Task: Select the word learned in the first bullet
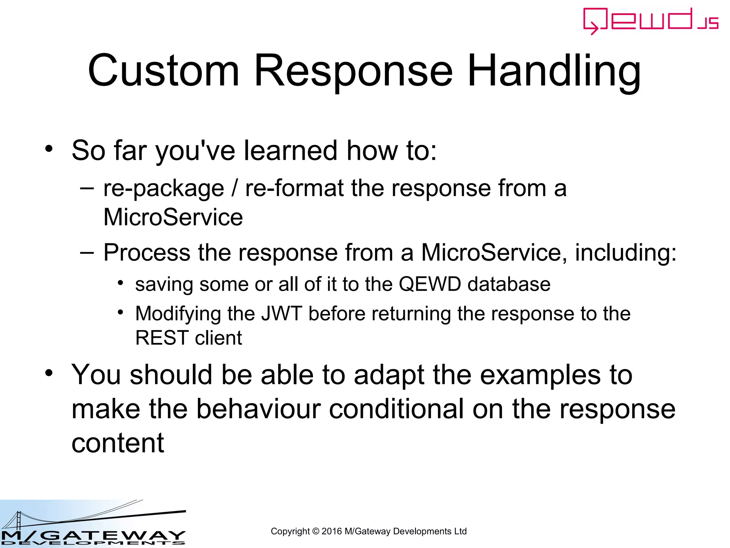[291, 151]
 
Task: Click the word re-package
[164, 189]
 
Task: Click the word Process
[146, 253]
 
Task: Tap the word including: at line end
[626, 253]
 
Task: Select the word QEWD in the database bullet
[430, 284]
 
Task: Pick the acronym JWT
[282, 314]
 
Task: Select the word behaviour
[258, 409]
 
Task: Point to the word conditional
[396, 409]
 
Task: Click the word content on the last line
[118, 443]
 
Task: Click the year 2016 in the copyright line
[331, 531]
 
